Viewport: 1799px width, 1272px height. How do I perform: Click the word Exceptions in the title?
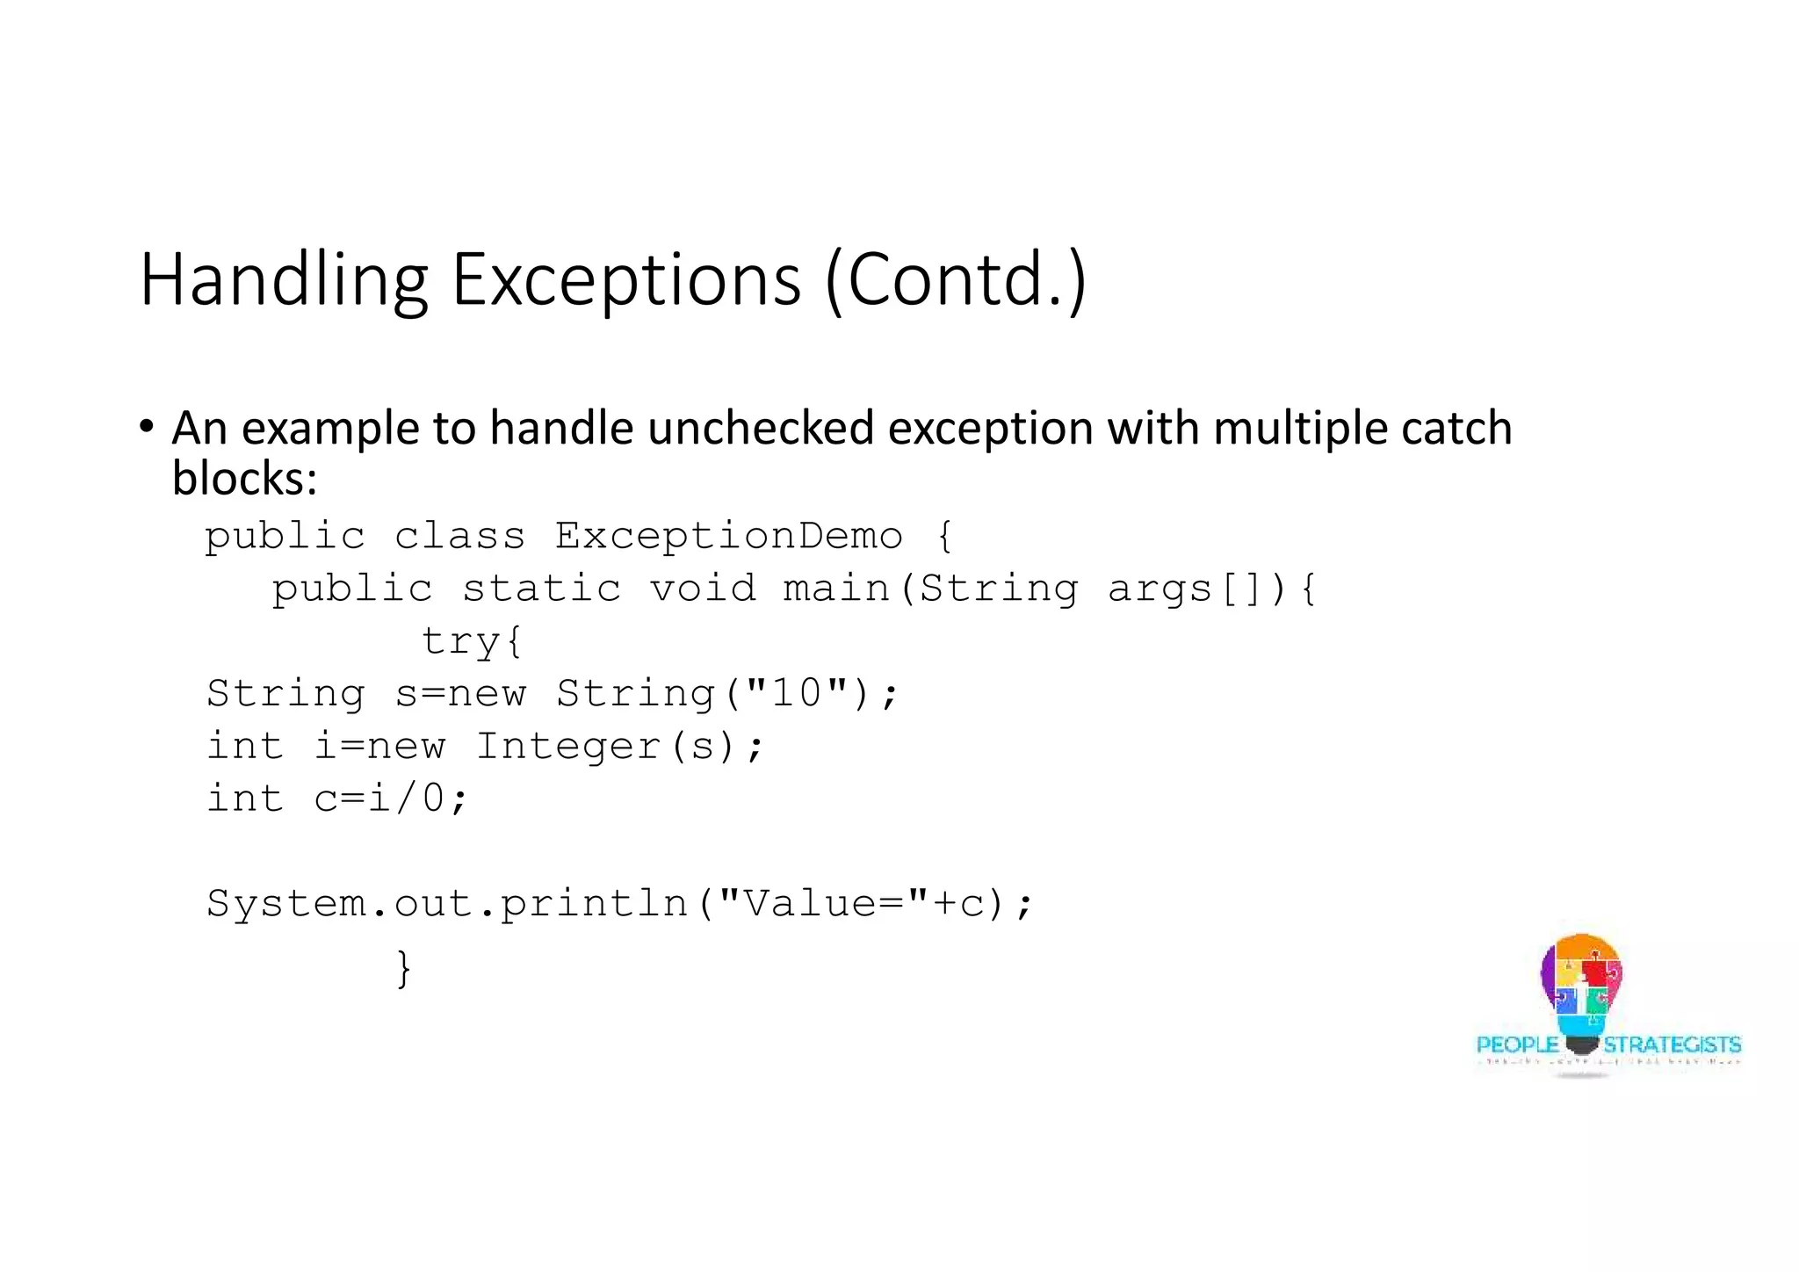625,280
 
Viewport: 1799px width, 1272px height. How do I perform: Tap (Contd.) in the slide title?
956,280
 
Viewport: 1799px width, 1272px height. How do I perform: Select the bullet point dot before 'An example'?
147,427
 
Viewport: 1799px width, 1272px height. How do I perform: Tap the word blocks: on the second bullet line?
244,480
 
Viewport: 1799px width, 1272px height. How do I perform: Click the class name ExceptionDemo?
728,536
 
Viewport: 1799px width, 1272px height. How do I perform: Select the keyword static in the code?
541,589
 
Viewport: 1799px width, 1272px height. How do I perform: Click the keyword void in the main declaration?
703,589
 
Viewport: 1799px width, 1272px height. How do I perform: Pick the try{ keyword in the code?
472,641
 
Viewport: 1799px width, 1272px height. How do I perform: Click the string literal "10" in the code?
796,693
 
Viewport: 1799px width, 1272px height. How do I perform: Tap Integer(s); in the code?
620,747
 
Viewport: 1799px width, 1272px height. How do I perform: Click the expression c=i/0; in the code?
391,799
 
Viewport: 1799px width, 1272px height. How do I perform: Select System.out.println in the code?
447,904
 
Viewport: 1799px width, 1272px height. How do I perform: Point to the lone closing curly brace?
403,968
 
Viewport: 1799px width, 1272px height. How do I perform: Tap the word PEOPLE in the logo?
1517,1045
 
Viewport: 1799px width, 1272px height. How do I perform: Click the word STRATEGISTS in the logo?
1672,1045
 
